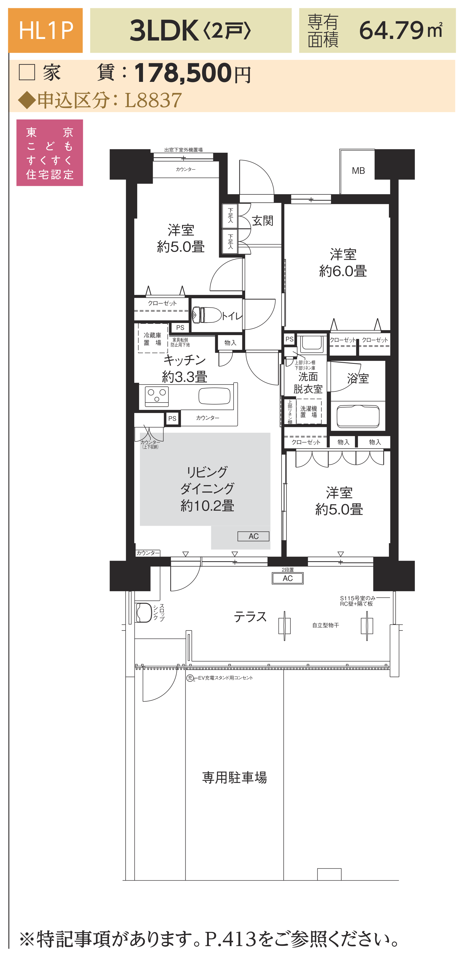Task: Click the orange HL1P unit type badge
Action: pos(46,31)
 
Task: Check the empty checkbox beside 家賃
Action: pos(27,72)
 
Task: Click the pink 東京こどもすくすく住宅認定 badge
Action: pos(50,153)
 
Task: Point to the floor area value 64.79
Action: pos(392,31)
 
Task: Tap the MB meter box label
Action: pos(358,171)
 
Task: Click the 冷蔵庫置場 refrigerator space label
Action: pos(152,339)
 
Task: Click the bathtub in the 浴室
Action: pos(358,416)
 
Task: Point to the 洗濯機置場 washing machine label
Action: pos(308,411)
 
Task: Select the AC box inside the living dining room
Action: pos(253,536)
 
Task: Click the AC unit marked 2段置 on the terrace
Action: pos(288,578)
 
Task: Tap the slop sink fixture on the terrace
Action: pos(144,612)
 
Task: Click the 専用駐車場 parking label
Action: pos(234,777)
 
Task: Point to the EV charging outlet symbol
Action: pos(190,678)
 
